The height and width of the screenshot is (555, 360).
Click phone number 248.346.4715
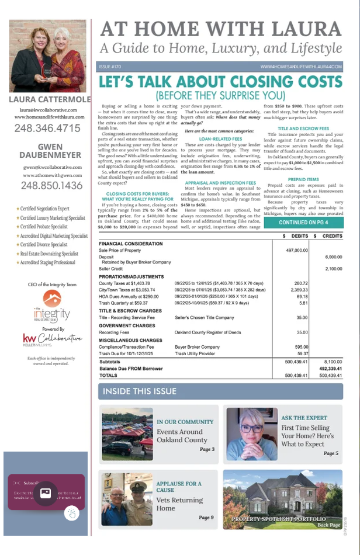tap(48, 128)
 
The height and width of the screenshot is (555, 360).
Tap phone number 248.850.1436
tap(48, 186)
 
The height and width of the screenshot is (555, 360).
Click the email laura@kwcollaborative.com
tap(48, 109)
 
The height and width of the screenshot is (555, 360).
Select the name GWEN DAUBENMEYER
tap(48, 151)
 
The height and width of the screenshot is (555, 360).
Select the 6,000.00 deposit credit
tap(331, 256)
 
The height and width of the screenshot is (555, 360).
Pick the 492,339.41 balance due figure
tap(330, 369)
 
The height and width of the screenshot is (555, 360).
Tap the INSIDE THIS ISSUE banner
tap(140, 391)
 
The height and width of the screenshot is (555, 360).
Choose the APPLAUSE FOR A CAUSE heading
tap(179, 487)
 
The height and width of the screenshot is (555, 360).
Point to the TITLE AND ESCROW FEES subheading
tap(303, 128)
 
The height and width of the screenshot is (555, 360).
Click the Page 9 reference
tap(206, 518)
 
